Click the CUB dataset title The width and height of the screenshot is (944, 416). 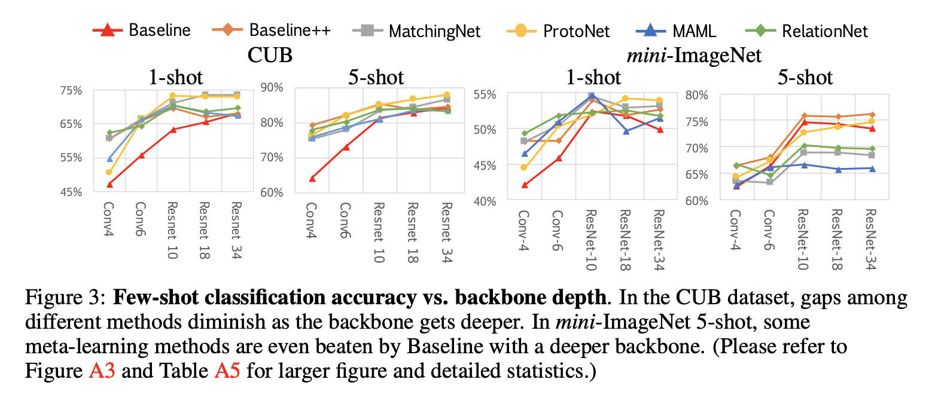point(270,55)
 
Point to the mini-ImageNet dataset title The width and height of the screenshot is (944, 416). point(694,56)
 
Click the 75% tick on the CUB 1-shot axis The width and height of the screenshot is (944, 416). point(71,91)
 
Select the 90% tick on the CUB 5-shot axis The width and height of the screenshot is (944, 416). point(272,88)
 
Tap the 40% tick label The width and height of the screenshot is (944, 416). point(485,201)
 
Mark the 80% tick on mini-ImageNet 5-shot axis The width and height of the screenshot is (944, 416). point(696,95)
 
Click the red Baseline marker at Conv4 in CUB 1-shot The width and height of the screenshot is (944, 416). point(109,185)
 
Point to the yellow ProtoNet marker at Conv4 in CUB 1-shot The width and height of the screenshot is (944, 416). point(109,173)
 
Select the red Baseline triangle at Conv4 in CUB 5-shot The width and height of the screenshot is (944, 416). point(312,178)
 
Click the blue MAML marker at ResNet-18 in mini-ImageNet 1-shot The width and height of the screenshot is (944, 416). point(626,131)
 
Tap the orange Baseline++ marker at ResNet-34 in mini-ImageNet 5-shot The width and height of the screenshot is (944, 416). point(872,114)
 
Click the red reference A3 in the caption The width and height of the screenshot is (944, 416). point(102,371)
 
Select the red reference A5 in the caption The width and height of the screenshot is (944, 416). point(227,371)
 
